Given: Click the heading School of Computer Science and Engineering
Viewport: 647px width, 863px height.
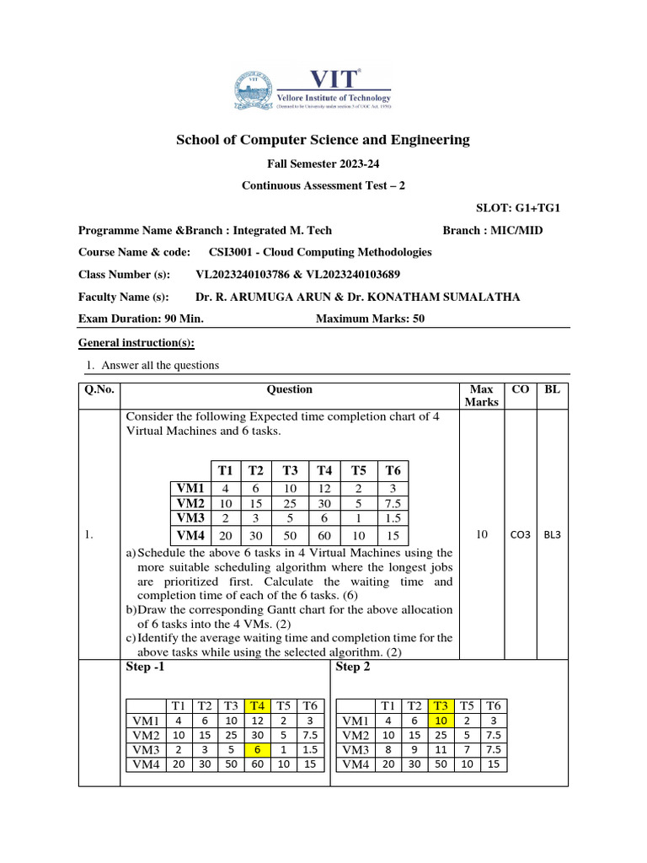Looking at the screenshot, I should click(323, 139).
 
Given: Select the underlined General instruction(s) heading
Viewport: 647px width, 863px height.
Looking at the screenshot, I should click(136, 343).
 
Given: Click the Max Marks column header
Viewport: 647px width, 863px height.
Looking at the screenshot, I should click(481, 395).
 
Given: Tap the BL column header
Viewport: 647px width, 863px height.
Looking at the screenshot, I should click(552, 389).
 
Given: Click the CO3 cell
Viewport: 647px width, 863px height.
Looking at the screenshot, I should click(521, 533).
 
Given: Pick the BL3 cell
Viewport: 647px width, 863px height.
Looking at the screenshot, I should click(552, 533).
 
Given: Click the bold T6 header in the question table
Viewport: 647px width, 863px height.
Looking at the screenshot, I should click(393, 470).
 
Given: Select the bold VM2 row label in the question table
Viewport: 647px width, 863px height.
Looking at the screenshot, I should click(190, 503).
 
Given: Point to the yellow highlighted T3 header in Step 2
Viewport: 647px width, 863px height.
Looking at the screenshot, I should click(440, 705).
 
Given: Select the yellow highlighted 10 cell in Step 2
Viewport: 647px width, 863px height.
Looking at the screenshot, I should click(440, 721).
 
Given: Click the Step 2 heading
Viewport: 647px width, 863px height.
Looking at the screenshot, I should click(353, 667).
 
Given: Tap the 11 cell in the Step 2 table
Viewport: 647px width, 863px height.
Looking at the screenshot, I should click(440, 749).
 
